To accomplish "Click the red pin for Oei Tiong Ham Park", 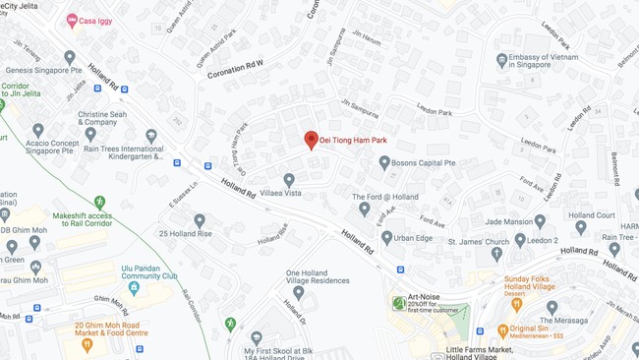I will coord(311,141).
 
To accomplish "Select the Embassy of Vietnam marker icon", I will coord(502,60).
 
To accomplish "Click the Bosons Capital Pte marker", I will coord(384,162).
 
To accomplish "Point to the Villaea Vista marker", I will coord(289,180).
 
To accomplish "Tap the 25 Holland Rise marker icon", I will coord(200,220).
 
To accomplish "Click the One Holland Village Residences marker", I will coord(298,292).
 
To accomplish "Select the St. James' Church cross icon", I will coord(496,254).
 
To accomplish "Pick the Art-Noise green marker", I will coord(398,303).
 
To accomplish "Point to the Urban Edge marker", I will coord(387,237).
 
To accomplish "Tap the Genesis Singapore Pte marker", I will coord(69,58).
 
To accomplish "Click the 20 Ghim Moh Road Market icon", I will coord(87,344).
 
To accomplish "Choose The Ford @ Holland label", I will coord(384,197).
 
